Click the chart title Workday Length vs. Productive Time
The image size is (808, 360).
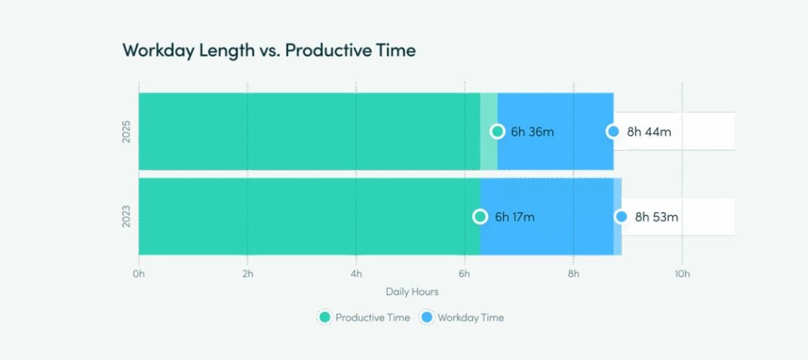(x=269, y=51)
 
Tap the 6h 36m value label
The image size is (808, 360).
(x=532, y=131)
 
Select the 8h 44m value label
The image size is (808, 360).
(x=649, y=131)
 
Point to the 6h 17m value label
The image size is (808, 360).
(x=515, y=217)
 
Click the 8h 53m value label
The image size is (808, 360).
(x=656, y=217)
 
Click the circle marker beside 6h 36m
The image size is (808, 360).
(x=497, y=131)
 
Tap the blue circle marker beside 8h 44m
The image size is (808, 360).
(x=613, y=131)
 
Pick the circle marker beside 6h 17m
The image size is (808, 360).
(x=480, y=217)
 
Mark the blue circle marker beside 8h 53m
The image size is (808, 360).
(x=621, y=217)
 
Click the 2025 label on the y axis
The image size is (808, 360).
(x=127, y=131)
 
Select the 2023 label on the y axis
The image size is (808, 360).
(x=127, y=217)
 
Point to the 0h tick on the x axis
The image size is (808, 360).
(x=138, y=274)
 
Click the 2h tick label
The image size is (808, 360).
(x=247, y=274)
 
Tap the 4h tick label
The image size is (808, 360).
(x=356, y=274)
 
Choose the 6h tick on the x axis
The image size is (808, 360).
(x=465, y=274)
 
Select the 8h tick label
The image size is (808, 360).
(x=573, y=274)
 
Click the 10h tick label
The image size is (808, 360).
(x=682, y=274)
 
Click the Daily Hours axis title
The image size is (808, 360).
(x=412, y=291)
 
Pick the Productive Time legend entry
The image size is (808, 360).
(x=365, y=318)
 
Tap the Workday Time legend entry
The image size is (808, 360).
(x=462, y=318)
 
